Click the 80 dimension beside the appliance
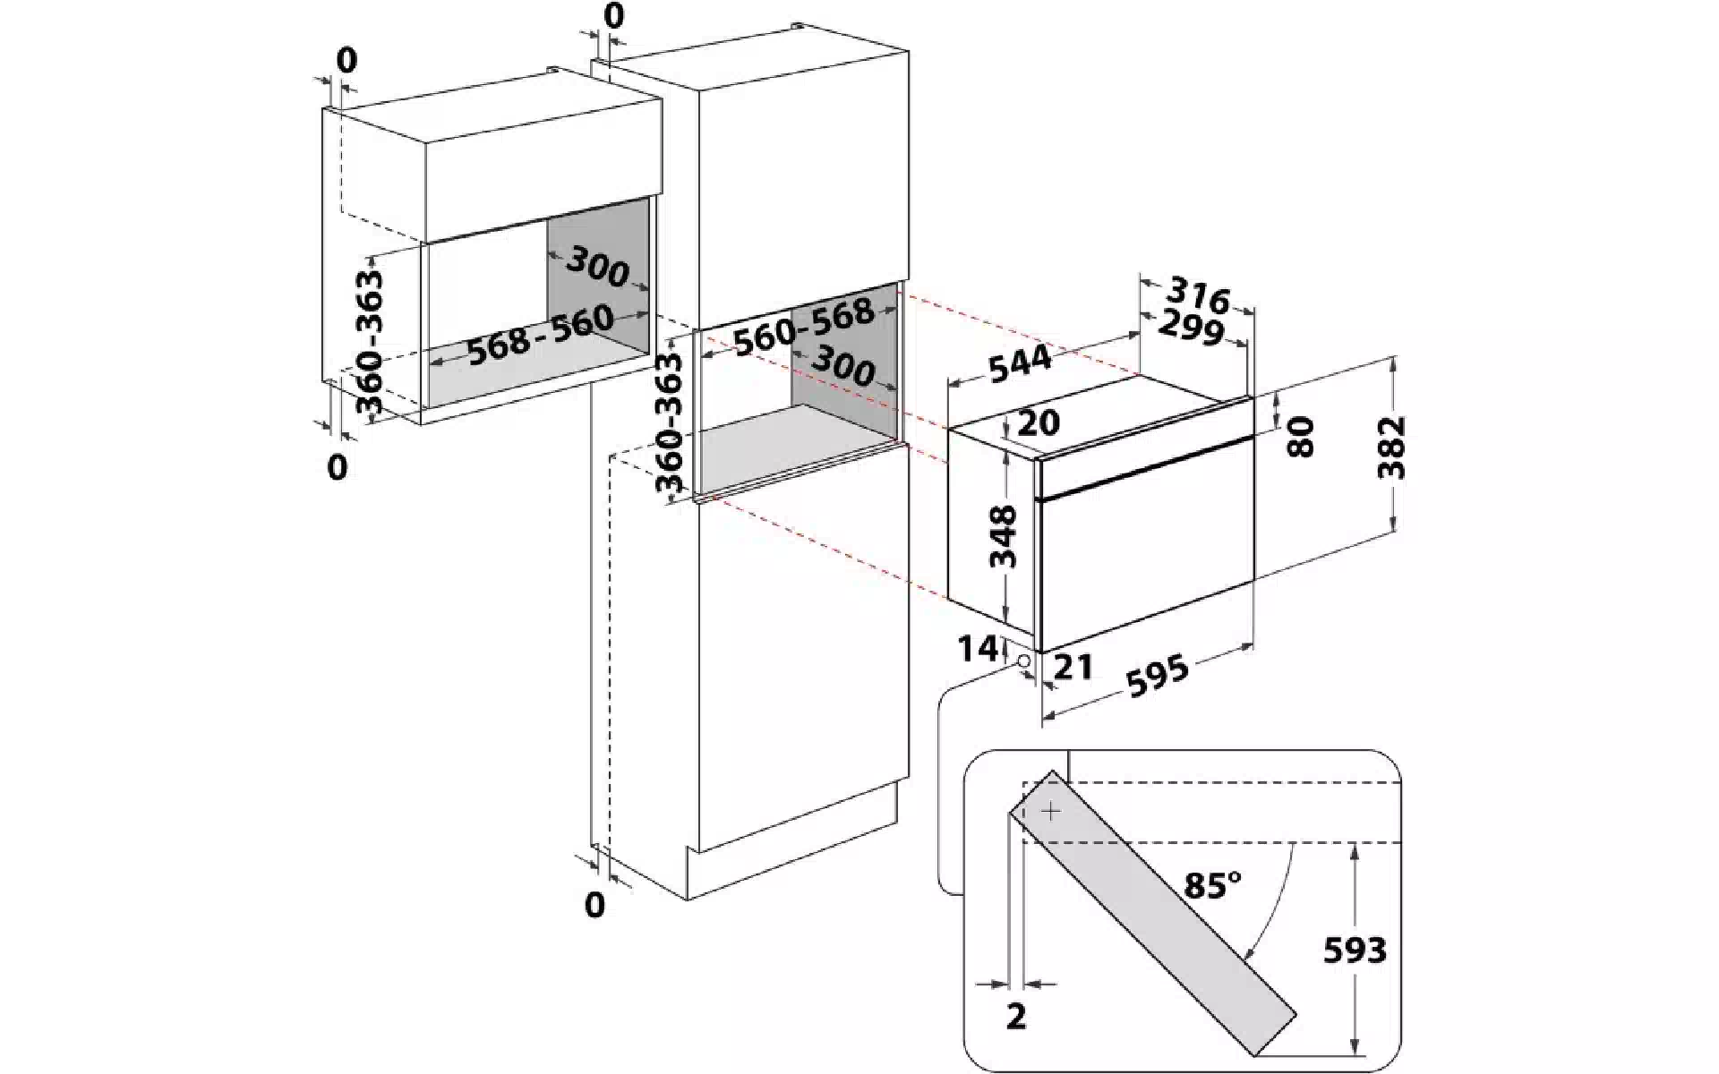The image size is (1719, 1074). coord(1300,437)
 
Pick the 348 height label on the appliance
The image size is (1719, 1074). coord(1005,536)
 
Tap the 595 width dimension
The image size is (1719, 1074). coord(1158,677)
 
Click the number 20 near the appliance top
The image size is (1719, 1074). coord(1039,422)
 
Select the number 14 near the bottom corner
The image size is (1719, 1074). coord(977,648)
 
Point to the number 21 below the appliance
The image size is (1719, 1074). coord(1074,667)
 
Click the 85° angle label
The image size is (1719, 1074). coord(1212,886)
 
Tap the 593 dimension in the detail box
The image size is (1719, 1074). coord(1355,950)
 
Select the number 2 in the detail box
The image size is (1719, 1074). coord(1015,1017)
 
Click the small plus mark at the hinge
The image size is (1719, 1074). coord(1051,812)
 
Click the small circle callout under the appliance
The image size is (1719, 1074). coord(1023,661)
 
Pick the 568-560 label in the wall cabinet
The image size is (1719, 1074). coord(541,335)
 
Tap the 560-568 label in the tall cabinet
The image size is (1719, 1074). coord(803,326)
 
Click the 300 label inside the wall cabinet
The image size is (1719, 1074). coord(597,268)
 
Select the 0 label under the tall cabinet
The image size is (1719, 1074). coord(594,905)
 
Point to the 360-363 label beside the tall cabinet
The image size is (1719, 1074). coord(669,421)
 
